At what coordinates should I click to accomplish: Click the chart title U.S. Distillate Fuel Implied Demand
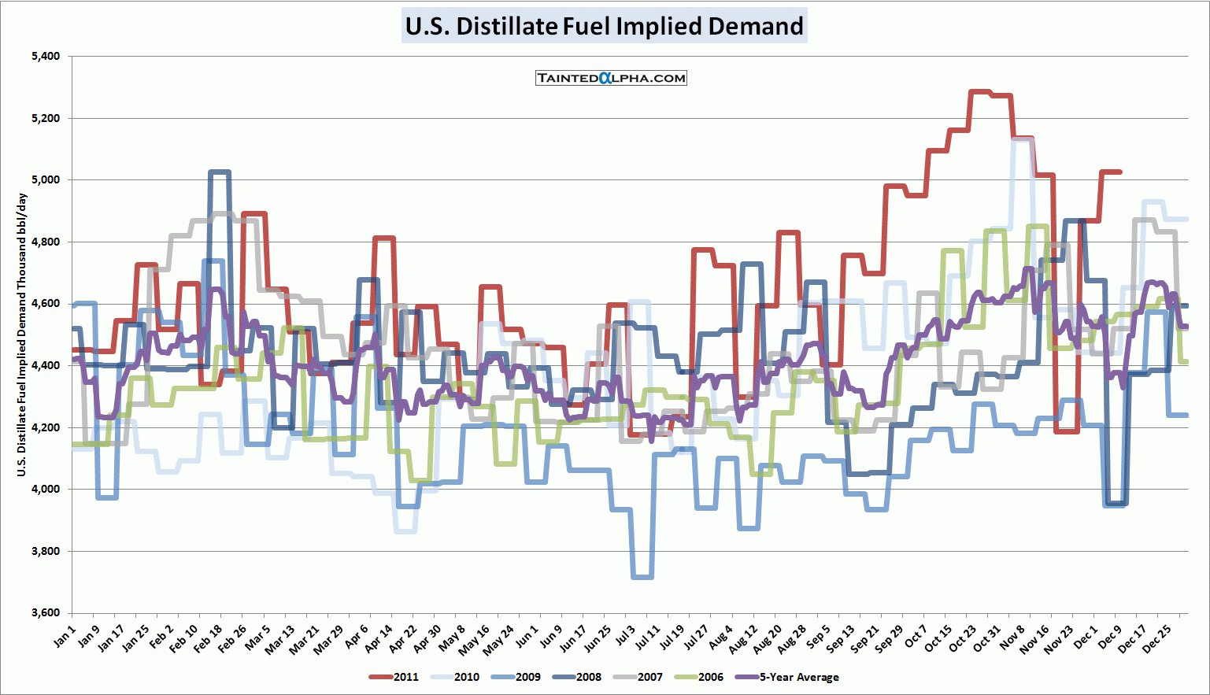(x=604, y=26)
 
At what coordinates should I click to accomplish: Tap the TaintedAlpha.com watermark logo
(x=611, y=78)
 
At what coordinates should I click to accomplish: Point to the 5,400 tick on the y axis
(x=46, y=56)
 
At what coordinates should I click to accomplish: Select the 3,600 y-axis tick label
(x=46, y=612)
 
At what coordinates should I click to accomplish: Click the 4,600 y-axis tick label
(x=46, y=303)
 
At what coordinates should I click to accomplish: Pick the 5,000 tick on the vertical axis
(x=46, y=179)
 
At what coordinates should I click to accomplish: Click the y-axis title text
(x=21, y=335)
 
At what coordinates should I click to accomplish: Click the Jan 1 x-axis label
(x=65, y=636)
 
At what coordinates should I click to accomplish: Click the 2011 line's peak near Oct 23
(x=980, y=92)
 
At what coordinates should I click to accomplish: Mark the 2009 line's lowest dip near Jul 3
(x=642, y=577)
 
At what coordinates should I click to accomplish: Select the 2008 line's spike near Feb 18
(x=219, y=172)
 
